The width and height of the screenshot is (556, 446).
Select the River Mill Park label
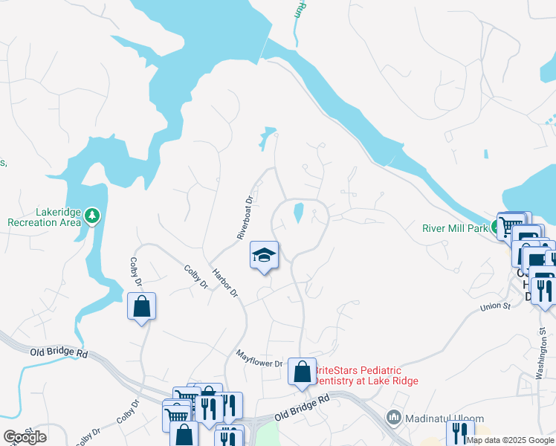point(454,228)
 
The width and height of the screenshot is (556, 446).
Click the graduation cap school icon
point(264,256)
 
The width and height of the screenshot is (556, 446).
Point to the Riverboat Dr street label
point(245,217)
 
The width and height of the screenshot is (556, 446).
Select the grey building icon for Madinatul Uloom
point(394,417)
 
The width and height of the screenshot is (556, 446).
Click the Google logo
point(25,437)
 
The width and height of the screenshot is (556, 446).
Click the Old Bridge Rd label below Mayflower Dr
point(302,406)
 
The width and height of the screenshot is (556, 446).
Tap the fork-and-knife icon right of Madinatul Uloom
point(460,433)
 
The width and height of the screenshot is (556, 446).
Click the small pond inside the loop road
point(298,213)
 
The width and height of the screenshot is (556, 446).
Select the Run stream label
point(300,10)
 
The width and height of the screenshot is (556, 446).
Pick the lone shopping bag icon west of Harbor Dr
point(141,306)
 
